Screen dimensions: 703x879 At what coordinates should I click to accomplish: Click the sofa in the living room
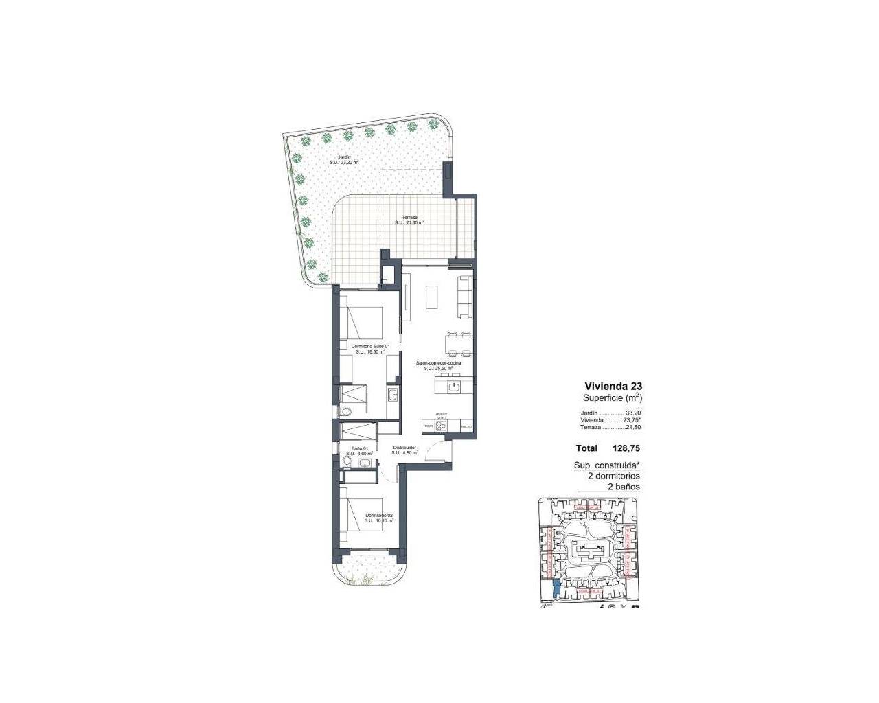[465, 297]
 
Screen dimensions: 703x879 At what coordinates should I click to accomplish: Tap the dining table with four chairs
[458, 344]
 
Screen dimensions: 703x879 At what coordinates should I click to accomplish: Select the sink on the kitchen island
[454, 387]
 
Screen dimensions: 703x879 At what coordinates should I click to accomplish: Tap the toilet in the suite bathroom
[345, 411]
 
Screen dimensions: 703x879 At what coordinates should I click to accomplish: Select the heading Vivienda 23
[613, 386]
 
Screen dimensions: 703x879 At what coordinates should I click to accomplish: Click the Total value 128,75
[626, 448]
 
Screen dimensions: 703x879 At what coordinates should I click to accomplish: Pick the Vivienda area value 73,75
[631, 419]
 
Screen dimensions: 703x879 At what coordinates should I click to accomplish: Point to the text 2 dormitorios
[613, 476]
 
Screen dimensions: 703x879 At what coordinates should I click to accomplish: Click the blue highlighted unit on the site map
[556, 588]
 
